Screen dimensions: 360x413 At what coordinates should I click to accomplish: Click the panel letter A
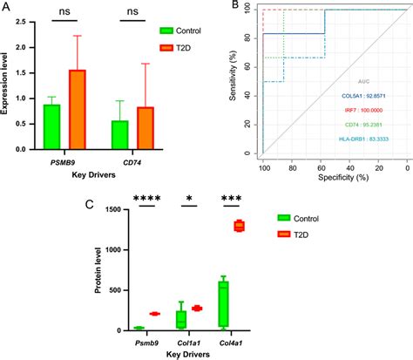7,8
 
